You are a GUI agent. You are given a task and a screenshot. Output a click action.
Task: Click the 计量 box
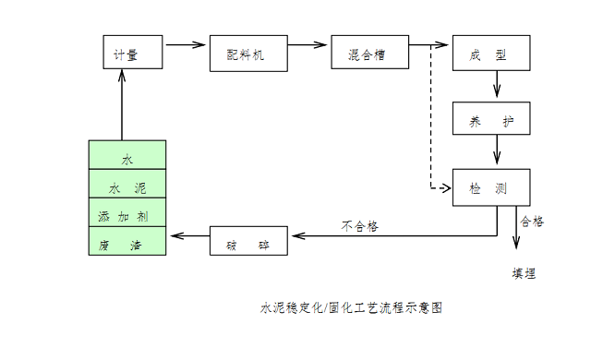pyautogui.click(x=133, y=54)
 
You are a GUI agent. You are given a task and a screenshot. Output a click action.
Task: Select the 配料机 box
pyautogui.click(x=248, y=54)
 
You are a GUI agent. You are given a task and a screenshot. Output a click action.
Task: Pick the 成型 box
pyautogui.click(x=491, y=54)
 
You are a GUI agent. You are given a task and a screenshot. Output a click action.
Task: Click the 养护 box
pyautogui.click(x=491, y=119)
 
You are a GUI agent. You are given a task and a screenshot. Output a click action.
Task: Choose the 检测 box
pyautogui.click(x=491, y=187)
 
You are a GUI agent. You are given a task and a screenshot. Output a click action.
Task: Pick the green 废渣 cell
pyautogui.click(x=127, y=243)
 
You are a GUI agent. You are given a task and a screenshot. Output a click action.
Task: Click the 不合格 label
pyautogui.click(x=360, y=226)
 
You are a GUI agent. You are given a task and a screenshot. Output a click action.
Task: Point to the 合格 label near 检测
pyautogui.click(x=532, y=221)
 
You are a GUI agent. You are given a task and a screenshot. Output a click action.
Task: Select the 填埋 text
pyautogui.click(x=524, y=274)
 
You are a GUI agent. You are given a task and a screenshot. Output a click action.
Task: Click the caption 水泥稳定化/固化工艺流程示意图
pyautogui.click(x=351, y=307)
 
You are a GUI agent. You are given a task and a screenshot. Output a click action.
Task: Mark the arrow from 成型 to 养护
pyautogui.click(x=498, y=84)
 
